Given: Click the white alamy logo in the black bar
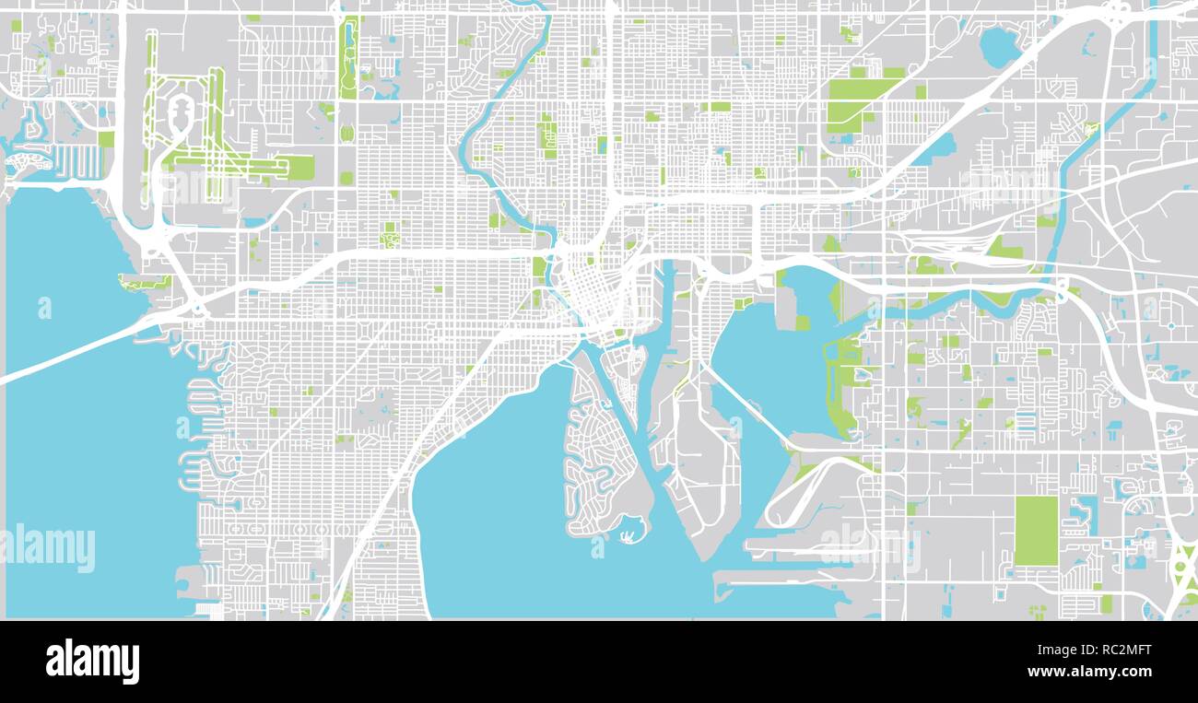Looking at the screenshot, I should pyautogui.click(x=92, y=662).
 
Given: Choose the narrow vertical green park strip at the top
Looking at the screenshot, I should pyautogui.click(x=348, y=57).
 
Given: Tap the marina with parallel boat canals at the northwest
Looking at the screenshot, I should pyautogui.click(x=78, y=162).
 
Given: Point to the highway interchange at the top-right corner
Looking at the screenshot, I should pyautogui.click(x=1115, y=14).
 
